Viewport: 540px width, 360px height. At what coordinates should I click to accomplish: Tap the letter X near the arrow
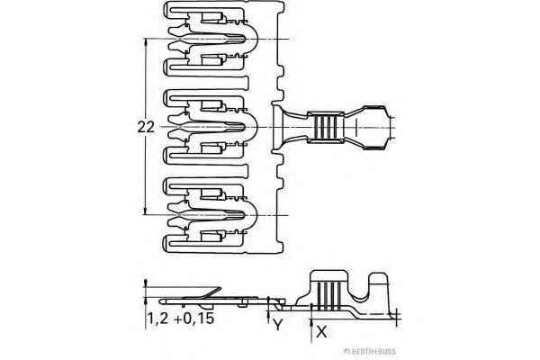(x=322, y=331)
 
